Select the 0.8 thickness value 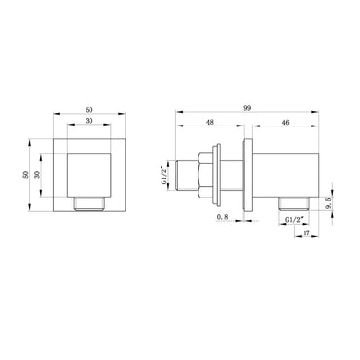226,219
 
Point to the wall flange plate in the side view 251,177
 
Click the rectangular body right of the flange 287,177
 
